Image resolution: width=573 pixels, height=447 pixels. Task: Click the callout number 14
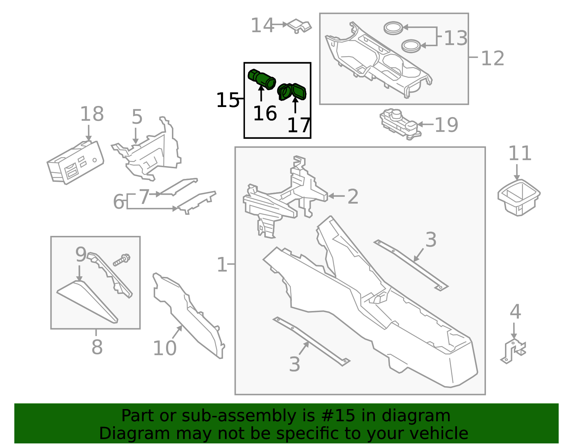pyautogui.click(x=262, y=25)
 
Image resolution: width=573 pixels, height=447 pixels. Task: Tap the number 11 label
pyautogui.click(x=520, y=153)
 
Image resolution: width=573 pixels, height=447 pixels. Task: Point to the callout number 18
pyautogui.click(x=92, y=114)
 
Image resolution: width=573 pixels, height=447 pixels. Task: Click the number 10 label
pyautogui.click(x=164, y=348)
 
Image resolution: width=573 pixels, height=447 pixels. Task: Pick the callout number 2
pyautogui.click(x=353, y=196)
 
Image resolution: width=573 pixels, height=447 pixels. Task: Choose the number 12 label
pyautogui.click(x=492, y=58)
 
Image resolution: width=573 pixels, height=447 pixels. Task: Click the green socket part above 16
pyautogui.click(x=262, y=79)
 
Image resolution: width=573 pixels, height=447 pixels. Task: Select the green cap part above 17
pyautogui.click(x=292, y=92)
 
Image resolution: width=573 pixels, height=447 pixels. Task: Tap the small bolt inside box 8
pyautogui.click(x=122, y=259)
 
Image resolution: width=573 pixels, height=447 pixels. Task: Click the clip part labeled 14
pyautogui.click(x=299, y=26)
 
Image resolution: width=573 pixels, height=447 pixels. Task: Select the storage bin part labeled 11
pyautogui.click(x=519, y=197)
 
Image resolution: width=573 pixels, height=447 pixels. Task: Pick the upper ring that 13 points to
pyautogui.click(x=393, y=28)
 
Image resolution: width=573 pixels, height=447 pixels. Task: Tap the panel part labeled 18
pyautogui.click(x=76, y=162)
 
